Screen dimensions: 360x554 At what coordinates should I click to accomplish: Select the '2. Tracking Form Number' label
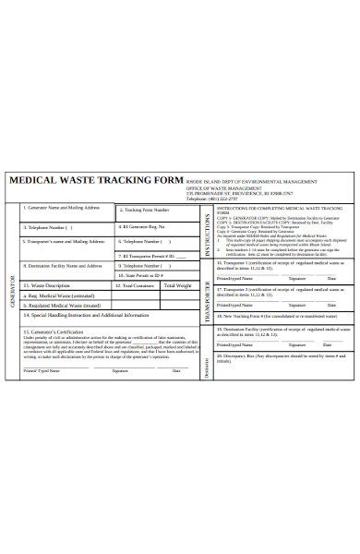(147, 235)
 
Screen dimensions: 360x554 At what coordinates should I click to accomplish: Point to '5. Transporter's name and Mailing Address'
(61, 267)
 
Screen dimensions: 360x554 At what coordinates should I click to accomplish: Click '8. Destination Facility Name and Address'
(63, 291)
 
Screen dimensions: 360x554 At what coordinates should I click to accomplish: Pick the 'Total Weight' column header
(178, 310)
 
